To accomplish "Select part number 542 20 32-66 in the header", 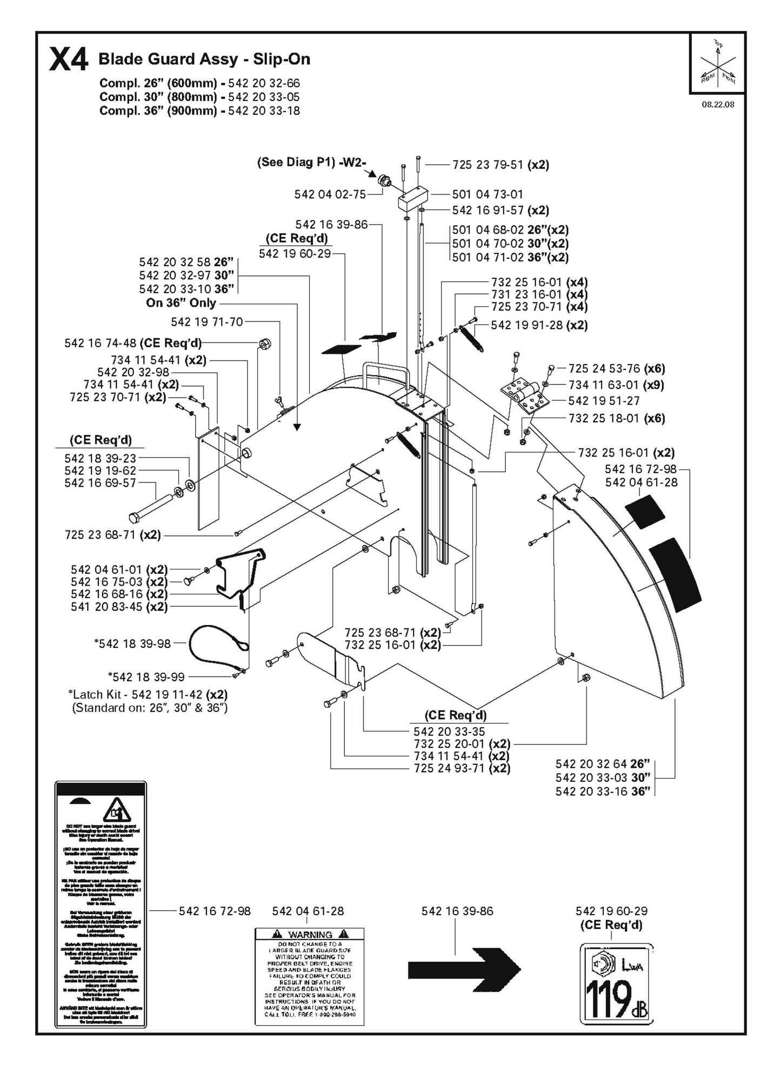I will click(x=264, y=83).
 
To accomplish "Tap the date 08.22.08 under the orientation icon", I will click(x=718, y=105).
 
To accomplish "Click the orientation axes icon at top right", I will click(x=718, y=63).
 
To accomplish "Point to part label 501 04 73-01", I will click(x=487, y=194).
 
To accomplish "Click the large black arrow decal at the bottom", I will click(x=464, y=969).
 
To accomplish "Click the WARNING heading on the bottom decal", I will click(x=310, y=934).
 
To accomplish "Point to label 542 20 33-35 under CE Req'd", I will click(x=449, y=732).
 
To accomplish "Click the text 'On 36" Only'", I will click(x=181, y=303).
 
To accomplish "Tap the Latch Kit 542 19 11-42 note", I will click(x=149, y=694).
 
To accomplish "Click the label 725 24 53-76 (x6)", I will click(x=616, y=368).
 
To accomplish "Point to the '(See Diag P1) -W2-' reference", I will click(x=311, y=163).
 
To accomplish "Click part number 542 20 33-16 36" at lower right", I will click(x=602, y=791).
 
